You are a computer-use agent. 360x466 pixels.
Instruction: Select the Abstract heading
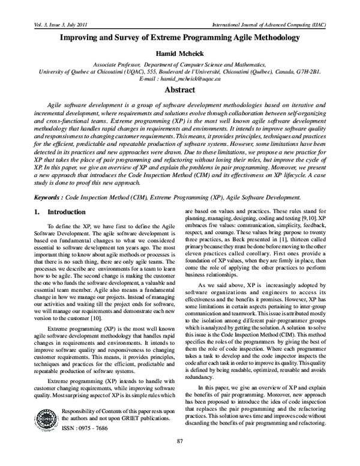180,90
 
